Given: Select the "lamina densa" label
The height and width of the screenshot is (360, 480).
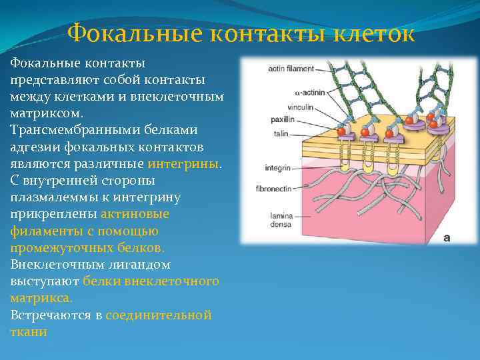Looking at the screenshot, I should tap(282, 219).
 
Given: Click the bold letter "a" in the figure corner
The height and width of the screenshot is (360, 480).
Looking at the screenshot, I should tap(447, 236).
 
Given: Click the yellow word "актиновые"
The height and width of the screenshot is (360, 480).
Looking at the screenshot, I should tap(135, 214).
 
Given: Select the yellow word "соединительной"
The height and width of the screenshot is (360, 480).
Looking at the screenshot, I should tap(159, 315).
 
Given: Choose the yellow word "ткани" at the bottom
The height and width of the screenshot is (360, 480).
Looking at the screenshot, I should tap(28, 331).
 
